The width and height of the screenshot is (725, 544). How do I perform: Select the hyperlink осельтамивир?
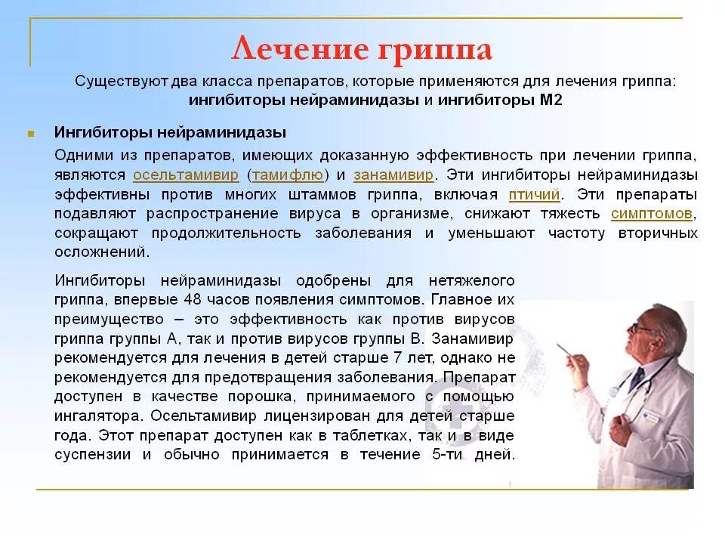186,175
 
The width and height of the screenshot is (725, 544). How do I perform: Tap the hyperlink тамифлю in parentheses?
288,175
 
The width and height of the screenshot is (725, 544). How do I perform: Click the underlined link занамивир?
393,175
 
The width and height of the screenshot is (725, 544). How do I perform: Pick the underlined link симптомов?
651,214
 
